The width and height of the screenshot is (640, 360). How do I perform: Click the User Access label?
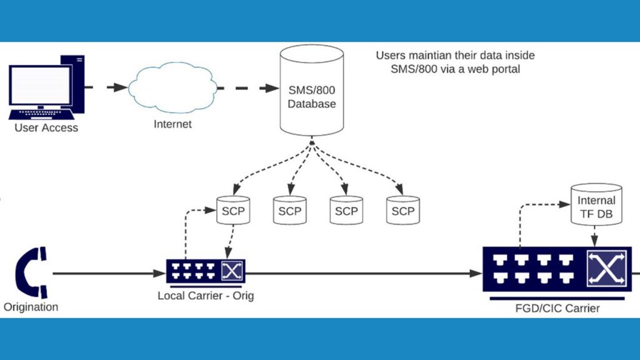tap(46, 128)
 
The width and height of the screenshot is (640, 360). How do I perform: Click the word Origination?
tap(31, 307)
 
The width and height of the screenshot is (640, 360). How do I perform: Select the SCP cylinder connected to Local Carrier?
tap(233, 211)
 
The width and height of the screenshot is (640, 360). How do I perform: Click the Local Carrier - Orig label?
tap(206, 295)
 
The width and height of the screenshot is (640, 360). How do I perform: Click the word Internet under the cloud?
tap(172, 124)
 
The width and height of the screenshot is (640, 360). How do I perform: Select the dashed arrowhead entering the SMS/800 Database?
tap(272, 88)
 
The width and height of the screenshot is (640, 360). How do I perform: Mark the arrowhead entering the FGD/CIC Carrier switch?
tap(476, 273)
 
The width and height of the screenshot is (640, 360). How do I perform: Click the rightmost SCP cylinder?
tap(402, 211)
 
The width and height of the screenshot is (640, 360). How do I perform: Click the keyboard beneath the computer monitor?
tap(41, 116)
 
